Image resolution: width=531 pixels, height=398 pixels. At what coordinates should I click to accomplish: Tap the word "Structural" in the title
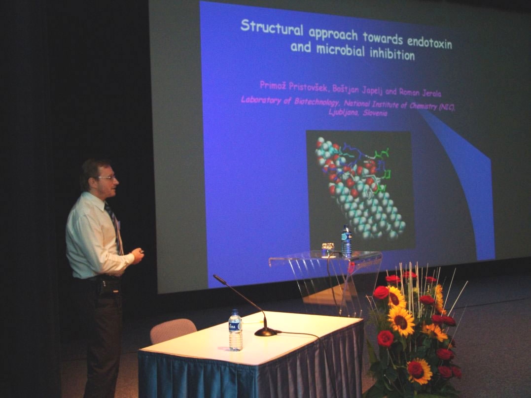click(272, 27)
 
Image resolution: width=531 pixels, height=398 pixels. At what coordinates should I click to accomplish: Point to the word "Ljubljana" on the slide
click(343, 112)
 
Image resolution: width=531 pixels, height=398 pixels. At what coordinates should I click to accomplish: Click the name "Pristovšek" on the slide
click(309, 87)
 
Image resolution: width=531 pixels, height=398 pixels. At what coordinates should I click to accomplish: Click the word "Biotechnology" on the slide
click(317, 102)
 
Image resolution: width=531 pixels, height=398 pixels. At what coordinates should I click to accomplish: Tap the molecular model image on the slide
click(360, 190)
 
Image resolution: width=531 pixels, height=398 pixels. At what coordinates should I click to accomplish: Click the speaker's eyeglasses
click(107, 177)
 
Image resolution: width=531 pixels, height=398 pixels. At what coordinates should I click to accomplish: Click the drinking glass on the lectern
click(328, 250)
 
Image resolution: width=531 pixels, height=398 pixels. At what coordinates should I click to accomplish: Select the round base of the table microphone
click(266, 332)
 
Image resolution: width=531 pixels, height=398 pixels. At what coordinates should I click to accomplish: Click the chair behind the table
click(173, 331)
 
